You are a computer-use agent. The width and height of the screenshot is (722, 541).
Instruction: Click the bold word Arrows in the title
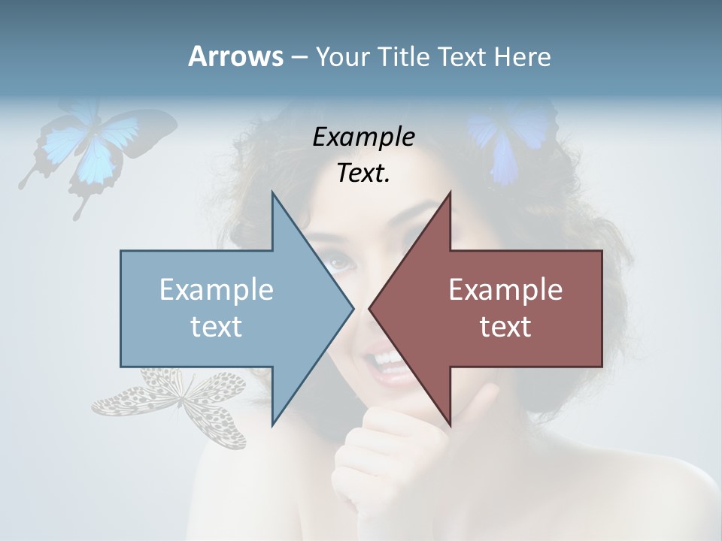click(x=235, y=56)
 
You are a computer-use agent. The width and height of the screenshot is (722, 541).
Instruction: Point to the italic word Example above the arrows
click(x=363, y=138)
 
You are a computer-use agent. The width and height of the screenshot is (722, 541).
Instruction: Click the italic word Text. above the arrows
click(x=363, y=174)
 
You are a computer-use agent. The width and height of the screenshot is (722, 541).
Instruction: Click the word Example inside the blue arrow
click(x=217, y=290)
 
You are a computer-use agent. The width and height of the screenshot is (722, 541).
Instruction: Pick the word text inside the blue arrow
click(x=217, y=326)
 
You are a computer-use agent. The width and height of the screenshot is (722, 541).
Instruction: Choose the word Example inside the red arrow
click(x=505, y=290)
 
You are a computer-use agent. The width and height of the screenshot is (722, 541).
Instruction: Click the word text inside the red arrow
click(x=505, y=326)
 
